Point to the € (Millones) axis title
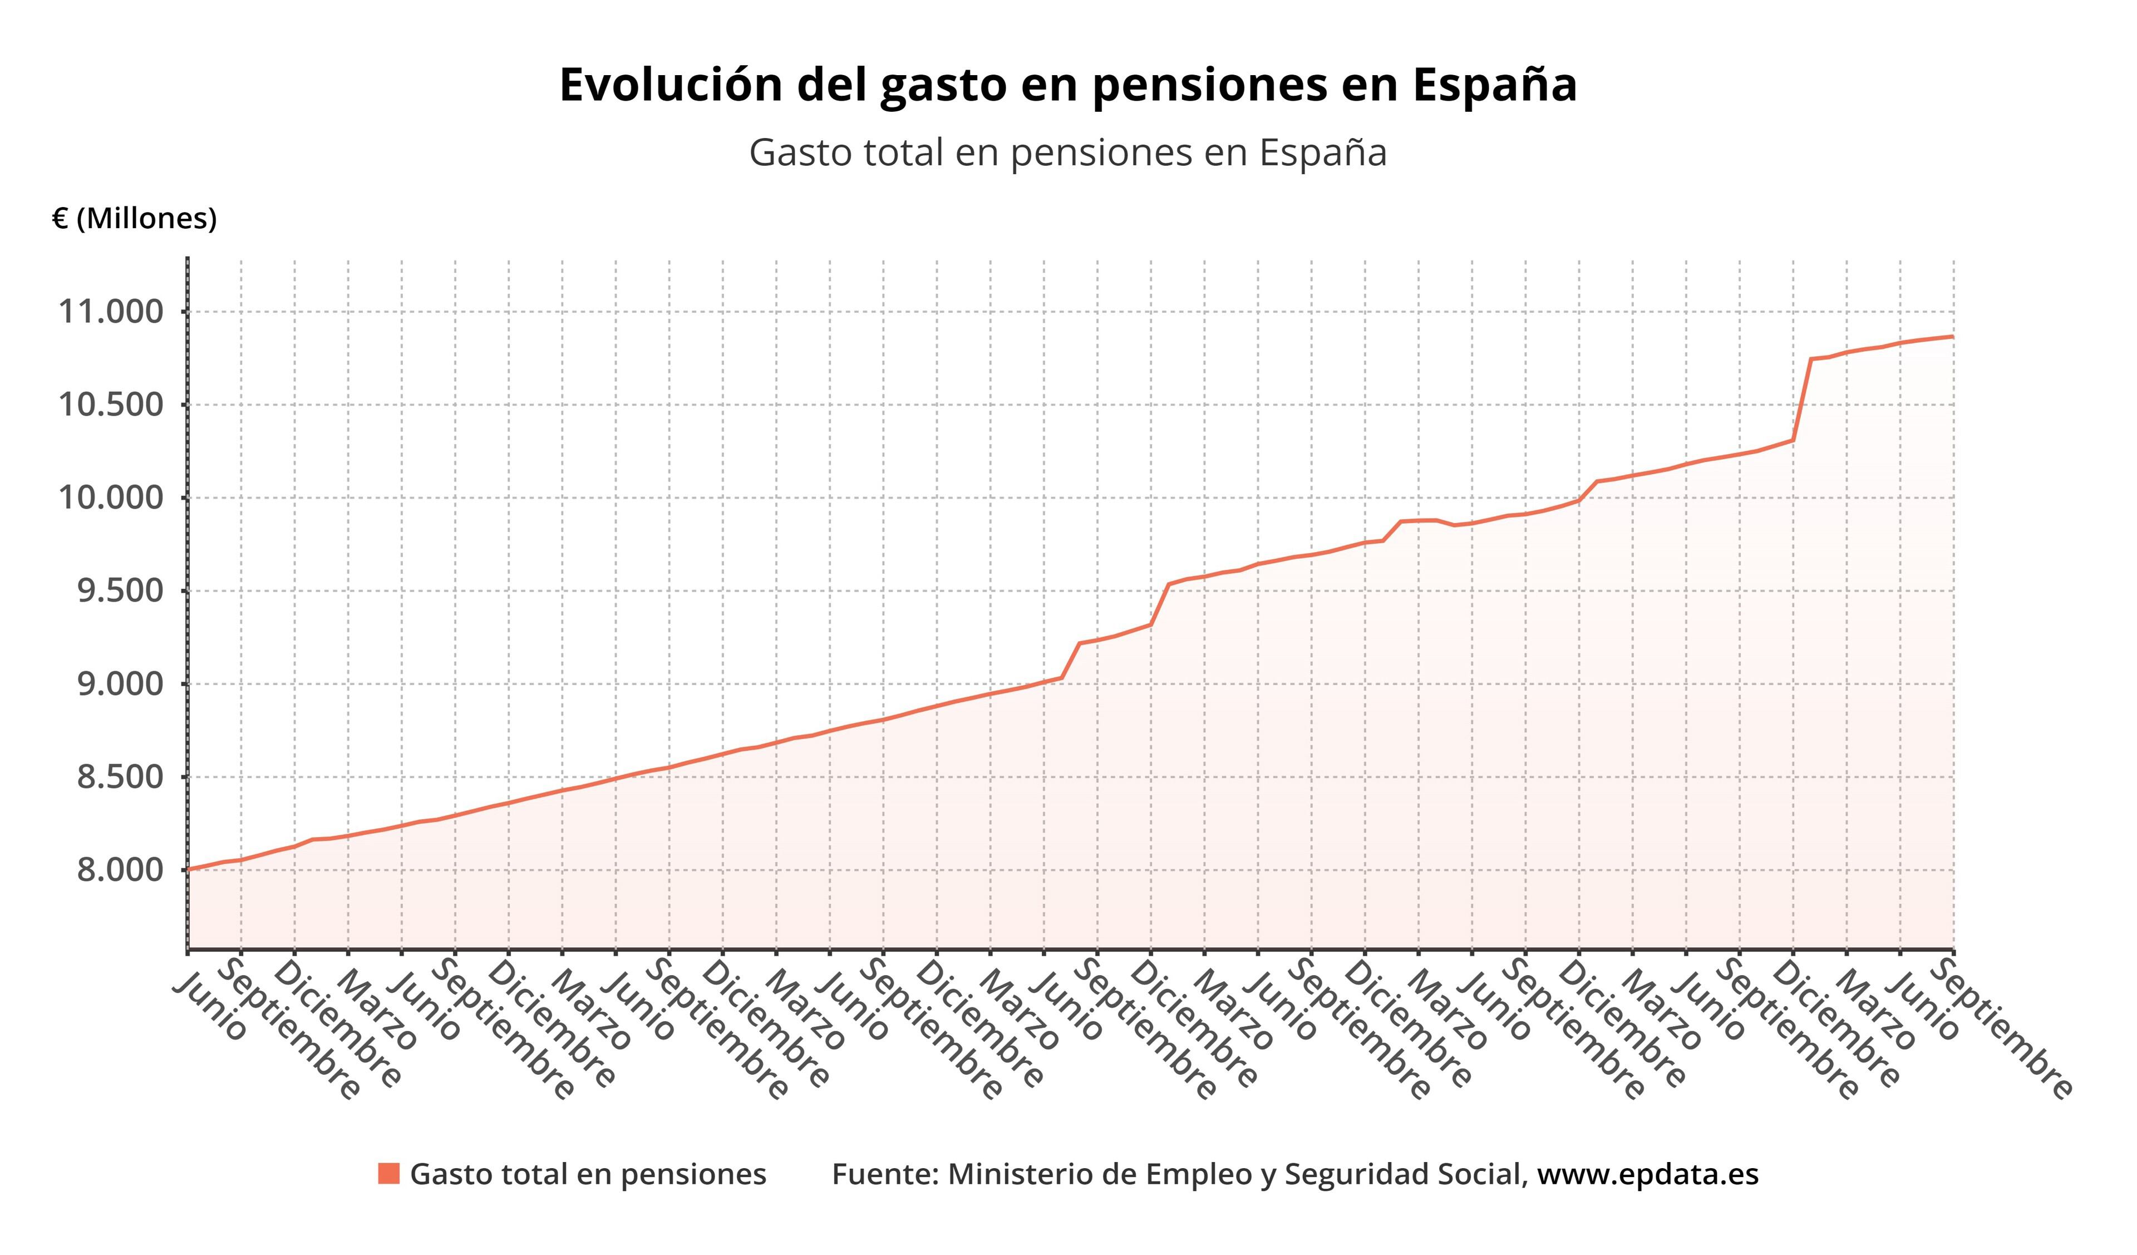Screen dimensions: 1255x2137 (134, 219)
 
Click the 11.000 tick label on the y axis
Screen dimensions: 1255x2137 (110, 312)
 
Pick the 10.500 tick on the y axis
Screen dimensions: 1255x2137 (110, 405)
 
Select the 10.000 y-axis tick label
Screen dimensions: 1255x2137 (110, 498)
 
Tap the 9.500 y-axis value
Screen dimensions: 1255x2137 (120, 591)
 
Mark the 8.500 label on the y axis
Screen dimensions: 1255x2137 (120, 777)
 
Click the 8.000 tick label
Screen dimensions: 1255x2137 (120, 870)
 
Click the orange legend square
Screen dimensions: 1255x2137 (388, 1174)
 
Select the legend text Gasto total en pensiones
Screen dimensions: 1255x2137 (588, 1174)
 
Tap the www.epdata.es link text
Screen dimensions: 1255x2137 (1648, 1174)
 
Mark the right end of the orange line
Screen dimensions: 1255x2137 (1953, 337)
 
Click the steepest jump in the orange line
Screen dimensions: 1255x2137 (1801, 400)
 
